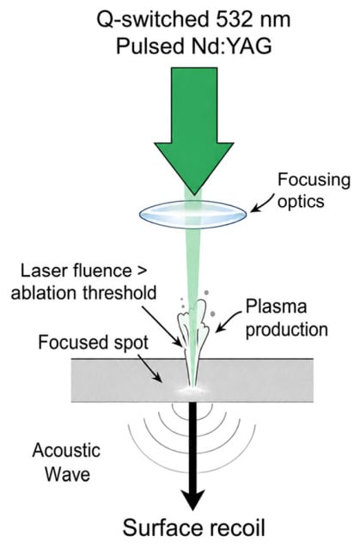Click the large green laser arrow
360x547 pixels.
click(x=194, y=125)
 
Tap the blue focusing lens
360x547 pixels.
click(x=192, y=214)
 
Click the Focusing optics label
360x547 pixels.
click(x=314, y=191)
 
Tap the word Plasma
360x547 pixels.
click(x=276, y=307)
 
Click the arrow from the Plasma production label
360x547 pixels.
click(x=229, y=320)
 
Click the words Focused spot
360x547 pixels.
click(x=94, y=343)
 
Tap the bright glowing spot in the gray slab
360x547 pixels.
click(x=192, y=389)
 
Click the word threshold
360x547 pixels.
click(x=119, y=292)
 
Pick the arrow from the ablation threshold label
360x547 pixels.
click(x=162, y=325)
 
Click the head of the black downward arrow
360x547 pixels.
click(x=192, y=500)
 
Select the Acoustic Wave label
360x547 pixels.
click(x=66, y=462)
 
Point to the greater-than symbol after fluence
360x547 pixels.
click(x=140, y=271)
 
